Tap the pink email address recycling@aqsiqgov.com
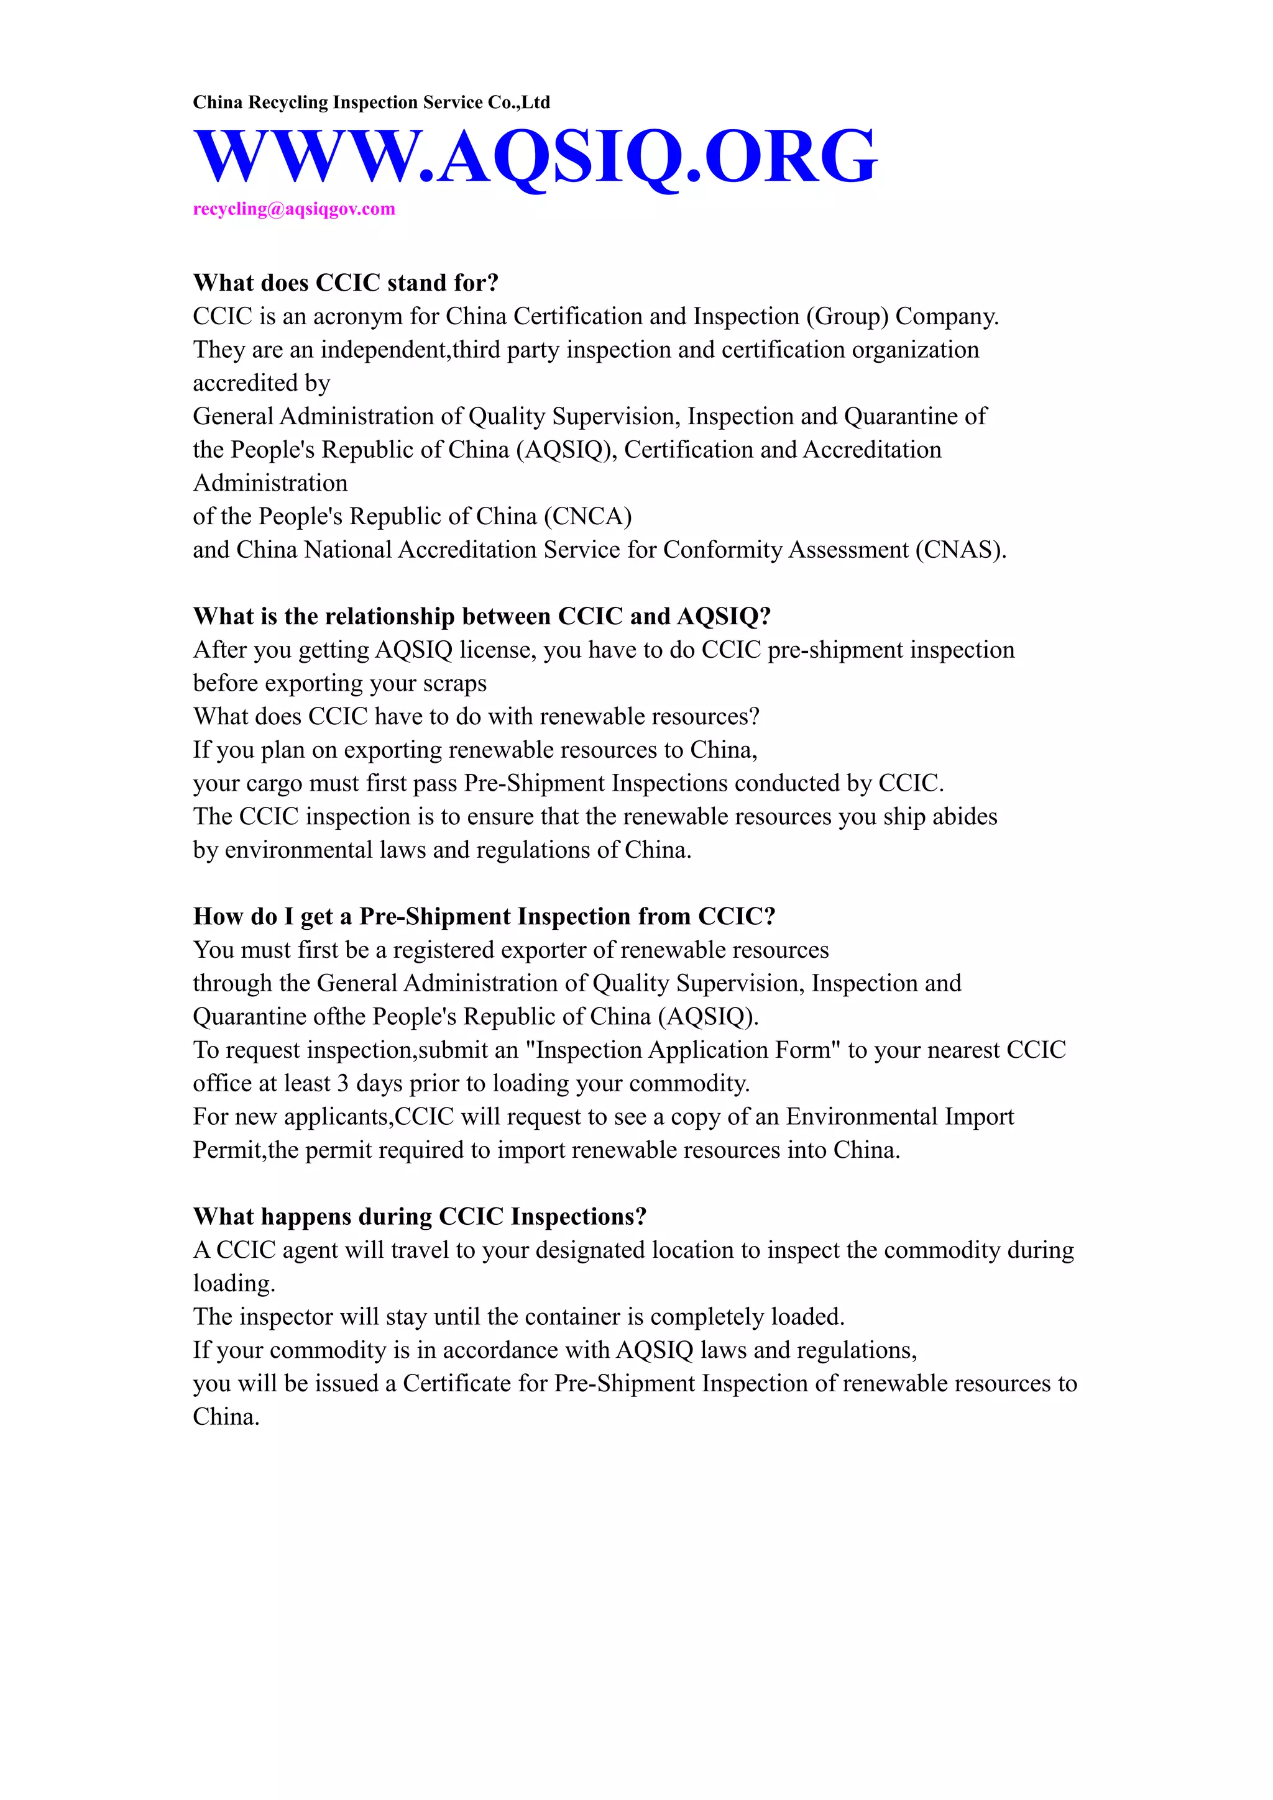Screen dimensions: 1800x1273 294,209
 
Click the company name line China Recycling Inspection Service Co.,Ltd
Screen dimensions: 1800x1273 371,102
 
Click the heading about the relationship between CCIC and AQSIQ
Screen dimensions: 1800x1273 482,616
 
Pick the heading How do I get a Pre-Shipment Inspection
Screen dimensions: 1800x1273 484,917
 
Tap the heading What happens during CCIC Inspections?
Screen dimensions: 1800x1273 420,1217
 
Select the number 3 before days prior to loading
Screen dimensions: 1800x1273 342,1083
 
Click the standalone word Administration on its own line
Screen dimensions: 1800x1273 270,483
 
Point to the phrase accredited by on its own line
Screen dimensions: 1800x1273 261,383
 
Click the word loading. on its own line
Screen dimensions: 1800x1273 234,1284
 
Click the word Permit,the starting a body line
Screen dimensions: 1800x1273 245,1150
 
